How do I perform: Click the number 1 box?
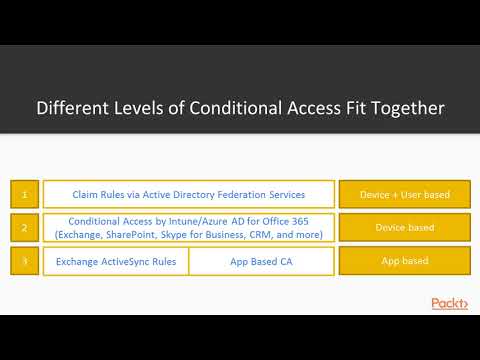tap(25, 193)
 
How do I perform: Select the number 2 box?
tap(25, 228)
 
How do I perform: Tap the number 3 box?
tap(25, 262)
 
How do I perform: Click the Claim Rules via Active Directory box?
tap(189, 193)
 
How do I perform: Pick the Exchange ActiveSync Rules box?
tap(115, 262)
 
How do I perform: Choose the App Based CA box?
tap(261, 262)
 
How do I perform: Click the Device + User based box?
tap(404, 193)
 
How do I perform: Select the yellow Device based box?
tap(404, 228)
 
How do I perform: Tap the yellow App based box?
tap(404, 262)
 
